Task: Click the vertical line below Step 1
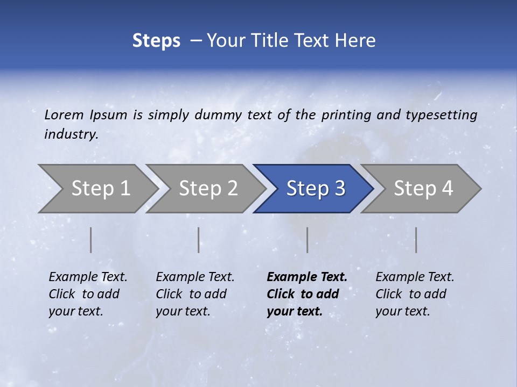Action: pos(91,240)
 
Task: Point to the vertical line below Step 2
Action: pos(199,240)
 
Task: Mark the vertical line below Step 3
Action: pos(307,240)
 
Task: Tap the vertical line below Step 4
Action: pos(416,240)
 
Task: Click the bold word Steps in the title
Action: pos(156,41)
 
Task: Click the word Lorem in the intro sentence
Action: pos(64,114)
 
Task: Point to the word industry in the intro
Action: pos(71,134)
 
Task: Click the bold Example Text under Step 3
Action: pos(307,277)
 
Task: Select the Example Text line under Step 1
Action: pos(88,277)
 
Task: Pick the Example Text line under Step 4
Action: pos(415,277)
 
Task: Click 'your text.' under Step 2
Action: pos(183,311)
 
